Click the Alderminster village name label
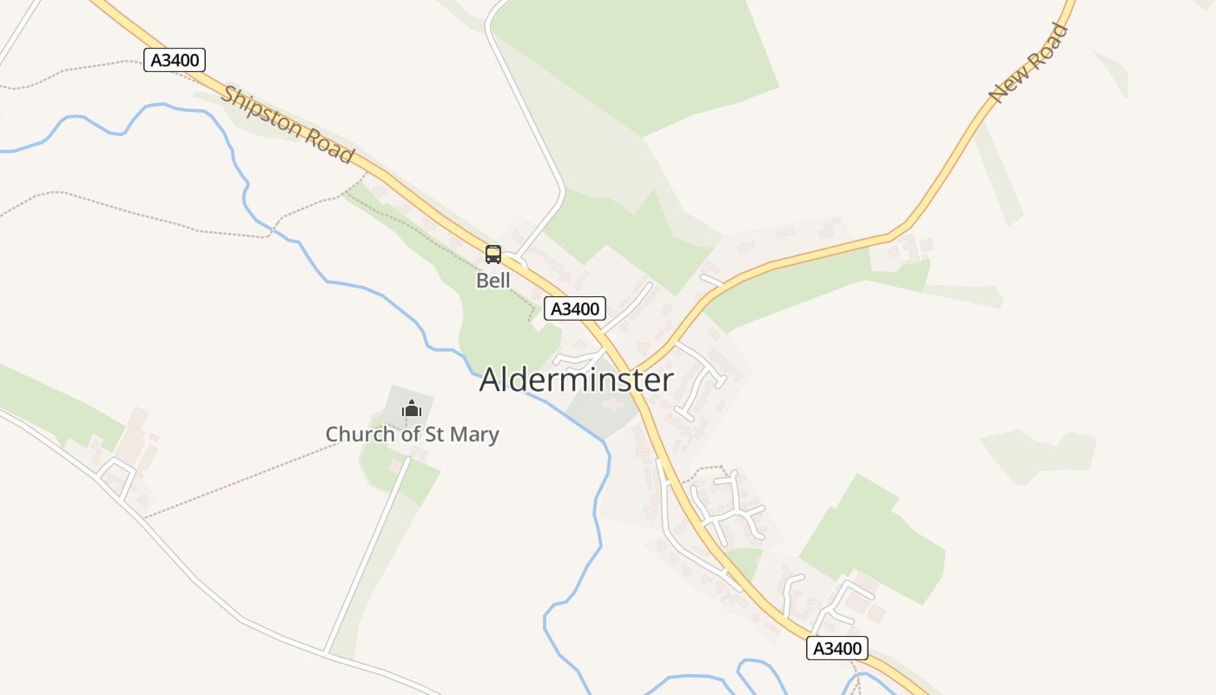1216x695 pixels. click(x=576, y=380)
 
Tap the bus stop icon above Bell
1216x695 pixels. click(x=493, y=255)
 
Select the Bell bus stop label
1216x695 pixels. click(x=493, y=281)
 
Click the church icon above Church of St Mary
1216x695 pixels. click(x=412, y=407)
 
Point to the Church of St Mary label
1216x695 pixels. click(x=412, y=434)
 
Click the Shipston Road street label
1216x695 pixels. click(x=287, y=124)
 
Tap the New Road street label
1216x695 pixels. click(x=1028, y=63)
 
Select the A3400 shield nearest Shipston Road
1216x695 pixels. click(x=175, y=60)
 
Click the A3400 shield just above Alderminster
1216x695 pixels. click(x=575, y=308)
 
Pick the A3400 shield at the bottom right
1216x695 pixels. click(x=836, y=648)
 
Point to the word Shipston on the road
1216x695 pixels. click(x=260, y=109)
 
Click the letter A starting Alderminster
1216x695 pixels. click(x=491, y=380)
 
